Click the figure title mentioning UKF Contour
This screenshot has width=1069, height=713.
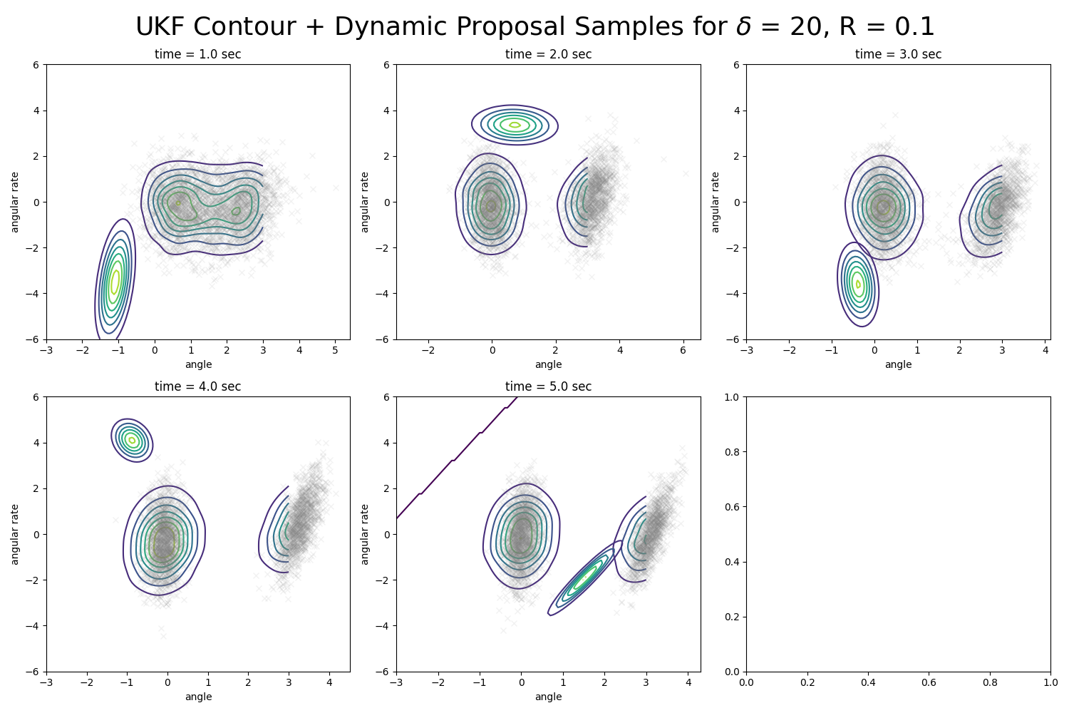click(534, 27)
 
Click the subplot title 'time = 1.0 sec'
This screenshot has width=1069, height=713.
click(197, 54)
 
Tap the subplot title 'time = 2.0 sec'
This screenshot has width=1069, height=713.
click(548, 54)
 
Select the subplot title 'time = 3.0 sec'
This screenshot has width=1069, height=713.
click(898, 54)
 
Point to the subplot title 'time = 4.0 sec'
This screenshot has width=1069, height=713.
click(197, 386)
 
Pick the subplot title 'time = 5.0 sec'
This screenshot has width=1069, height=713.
click(548, 386)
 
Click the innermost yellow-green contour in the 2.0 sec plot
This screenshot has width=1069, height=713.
click(515, 125)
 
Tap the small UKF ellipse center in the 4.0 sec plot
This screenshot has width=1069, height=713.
click(132, 440)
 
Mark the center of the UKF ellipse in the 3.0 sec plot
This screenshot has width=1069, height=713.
click(858, 284)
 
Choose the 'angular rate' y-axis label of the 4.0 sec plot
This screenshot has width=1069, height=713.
click(15, 534)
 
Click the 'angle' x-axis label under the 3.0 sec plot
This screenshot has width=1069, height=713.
click(898, 364)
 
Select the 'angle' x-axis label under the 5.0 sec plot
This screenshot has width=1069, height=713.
click(548, 697)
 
